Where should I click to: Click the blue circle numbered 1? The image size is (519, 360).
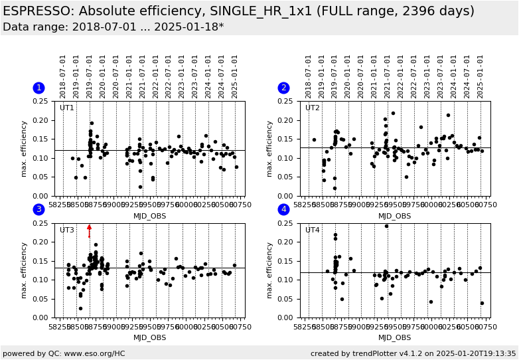point(38,88)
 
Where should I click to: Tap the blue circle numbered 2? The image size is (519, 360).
point(283,88)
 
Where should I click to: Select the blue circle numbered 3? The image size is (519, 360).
point(38,209)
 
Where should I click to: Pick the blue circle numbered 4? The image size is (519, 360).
point(283,209)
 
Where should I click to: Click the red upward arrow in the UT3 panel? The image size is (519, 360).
point(90,230)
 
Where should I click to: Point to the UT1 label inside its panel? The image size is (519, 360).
point(67,108)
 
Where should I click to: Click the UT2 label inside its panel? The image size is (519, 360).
point(313,108)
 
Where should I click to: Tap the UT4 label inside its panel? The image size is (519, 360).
point(313,230)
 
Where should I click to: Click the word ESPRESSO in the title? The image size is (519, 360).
point(38,11)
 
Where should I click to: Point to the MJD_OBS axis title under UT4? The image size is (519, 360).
point(395,337)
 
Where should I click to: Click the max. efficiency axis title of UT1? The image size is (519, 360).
point(25,149)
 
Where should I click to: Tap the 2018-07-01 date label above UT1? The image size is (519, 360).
point(63,76)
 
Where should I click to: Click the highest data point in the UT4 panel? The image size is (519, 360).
point(386,226)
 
